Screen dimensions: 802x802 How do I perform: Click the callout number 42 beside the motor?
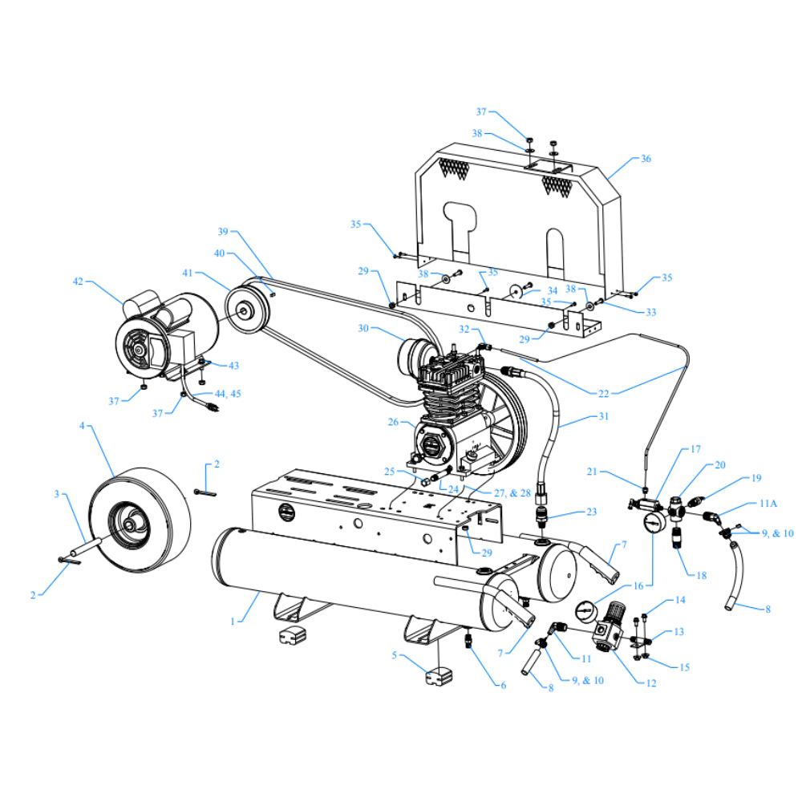[x=78, y=282]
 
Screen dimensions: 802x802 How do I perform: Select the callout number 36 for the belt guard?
[x=646, y=159]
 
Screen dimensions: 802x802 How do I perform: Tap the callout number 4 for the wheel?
[x=82, y=426]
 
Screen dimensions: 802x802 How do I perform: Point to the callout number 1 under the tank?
[x=233, y=619]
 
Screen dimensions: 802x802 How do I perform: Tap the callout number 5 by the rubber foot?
[x=395, y=655]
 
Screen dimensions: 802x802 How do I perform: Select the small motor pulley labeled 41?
[x=240, y=309]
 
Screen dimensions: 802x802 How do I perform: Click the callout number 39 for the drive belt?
[x=223, y=232]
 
